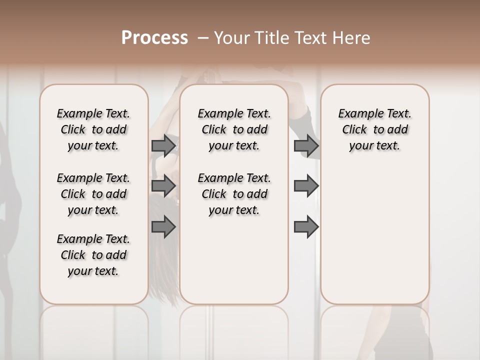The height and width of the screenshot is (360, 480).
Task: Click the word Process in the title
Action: point(154,38)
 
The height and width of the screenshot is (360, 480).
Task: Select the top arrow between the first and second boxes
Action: point(163,145)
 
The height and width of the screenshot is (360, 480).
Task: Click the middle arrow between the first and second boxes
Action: point(163,186)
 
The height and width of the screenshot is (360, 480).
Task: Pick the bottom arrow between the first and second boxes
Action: point(163,226)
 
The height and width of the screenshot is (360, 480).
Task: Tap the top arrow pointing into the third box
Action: point(306,145)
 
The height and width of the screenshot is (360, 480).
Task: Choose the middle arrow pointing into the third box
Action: point(306,186)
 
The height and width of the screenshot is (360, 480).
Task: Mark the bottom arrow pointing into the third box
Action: point(306,226)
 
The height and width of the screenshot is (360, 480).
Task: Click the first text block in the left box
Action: point(93,129)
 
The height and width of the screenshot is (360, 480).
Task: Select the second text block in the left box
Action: point(93,194)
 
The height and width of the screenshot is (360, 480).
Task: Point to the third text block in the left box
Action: point(93,255)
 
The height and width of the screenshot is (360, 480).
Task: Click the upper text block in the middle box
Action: point(234,129)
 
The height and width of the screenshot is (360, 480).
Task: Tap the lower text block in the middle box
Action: point(234,194)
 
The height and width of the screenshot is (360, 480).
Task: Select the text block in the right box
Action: point(374,129)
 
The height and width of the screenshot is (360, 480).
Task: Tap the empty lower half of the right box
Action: point(374,240)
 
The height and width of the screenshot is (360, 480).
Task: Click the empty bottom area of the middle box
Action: point(234,265)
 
